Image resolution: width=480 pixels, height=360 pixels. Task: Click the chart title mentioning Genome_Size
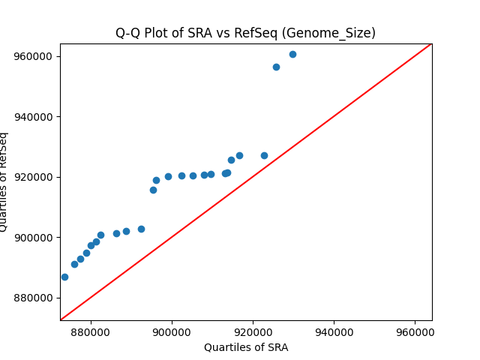pos(245,33)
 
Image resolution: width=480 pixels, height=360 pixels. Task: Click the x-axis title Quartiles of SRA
pos(245,347)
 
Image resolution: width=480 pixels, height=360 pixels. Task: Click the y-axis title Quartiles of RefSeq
pos(4,182)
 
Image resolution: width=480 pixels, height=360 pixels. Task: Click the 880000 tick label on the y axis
pos(34,298)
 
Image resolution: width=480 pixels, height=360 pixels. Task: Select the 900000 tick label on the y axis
pos(34,238)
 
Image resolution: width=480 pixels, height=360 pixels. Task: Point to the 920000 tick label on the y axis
pos(34,177)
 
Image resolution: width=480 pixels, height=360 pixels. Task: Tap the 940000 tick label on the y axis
pos(34,117)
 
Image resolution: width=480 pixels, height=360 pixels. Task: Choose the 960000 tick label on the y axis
pos(34,56)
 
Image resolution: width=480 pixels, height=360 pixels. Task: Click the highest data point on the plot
pos(292,54)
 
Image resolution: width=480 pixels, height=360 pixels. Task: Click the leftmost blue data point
pos(64,277)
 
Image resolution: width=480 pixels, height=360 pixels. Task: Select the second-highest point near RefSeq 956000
pos(276,67)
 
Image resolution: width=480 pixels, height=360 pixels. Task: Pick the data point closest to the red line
pos(264,155)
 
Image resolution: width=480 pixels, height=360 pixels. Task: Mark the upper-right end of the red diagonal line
pos(430,44)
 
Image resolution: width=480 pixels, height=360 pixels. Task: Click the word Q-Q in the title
pos(126,33)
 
